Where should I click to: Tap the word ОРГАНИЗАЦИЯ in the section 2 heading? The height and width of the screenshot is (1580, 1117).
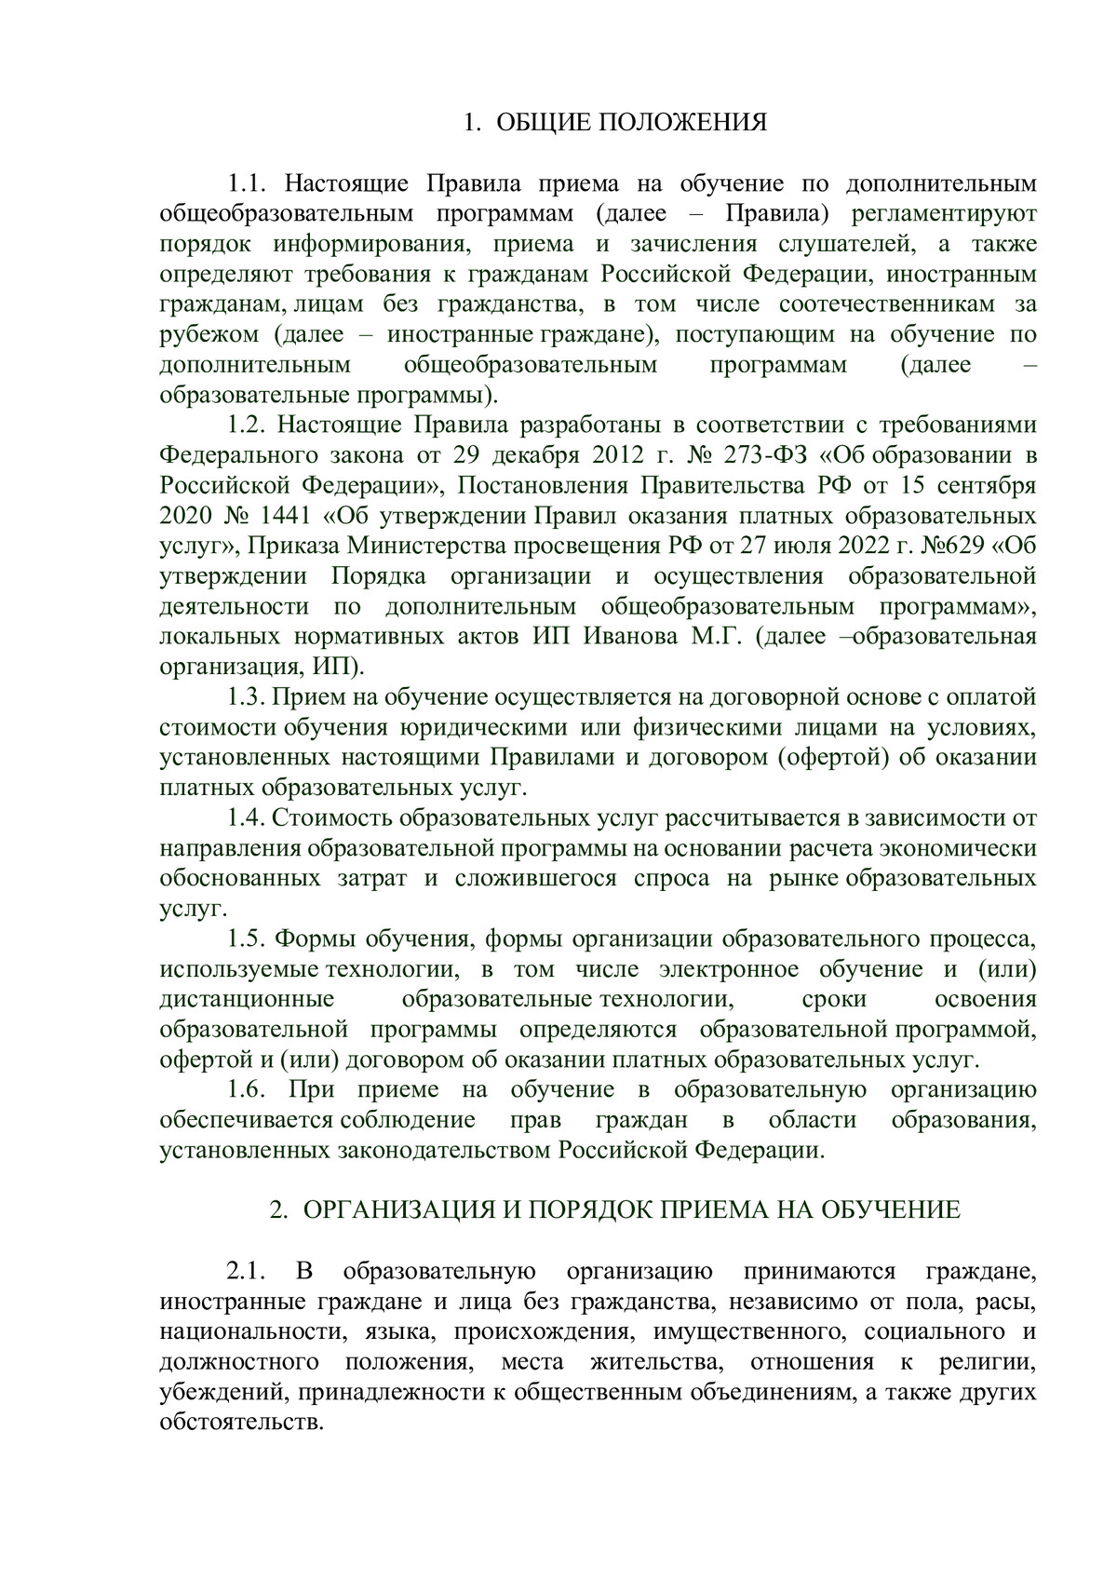tap(394, 1210)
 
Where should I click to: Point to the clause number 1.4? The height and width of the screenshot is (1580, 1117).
tap(248, 818)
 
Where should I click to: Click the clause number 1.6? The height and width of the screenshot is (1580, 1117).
tap(248, 1090)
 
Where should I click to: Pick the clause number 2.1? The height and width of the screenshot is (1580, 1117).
tap(248, 1272)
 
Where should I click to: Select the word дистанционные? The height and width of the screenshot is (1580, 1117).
tap(247, 1000)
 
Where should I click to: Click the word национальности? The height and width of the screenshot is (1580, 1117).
tap(246, 1332)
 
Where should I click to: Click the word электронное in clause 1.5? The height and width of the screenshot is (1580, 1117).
tap(729, 969)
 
